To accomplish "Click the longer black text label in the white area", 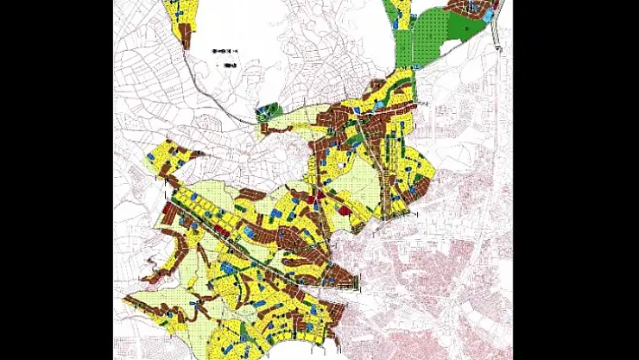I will (x=226, y=52).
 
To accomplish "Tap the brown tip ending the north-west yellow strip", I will (x=184, y=38).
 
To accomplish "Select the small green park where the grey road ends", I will (x=269, y=111).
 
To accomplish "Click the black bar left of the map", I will (x=56, y=180).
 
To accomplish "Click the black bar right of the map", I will (x=576, y=180).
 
